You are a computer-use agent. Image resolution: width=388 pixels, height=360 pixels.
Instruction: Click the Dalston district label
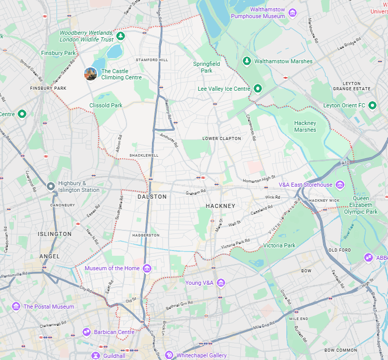point(152,197)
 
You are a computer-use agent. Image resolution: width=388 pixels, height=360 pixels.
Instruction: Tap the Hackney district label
point(220,206)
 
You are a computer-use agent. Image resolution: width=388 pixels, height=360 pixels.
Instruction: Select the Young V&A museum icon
point(221,283)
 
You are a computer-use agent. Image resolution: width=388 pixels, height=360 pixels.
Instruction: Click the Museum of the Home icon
point(147,268)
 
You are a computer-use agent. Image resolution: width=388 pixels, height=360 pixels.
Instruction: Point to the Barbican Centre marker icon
point(87,332)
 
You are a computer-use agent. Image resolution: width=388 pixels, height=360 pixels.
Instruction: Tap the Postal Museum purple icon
point(16,307)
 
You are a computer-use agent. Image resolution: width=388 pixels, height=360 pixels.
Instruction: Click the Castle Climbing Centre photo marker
point(91,74)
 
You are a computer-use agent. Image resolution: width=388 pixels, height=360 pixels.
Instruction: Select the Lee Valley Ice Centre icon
point(257,89)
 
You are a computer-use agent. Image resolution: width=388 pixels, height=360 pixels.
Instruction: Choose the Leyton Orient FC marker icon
point(372,105)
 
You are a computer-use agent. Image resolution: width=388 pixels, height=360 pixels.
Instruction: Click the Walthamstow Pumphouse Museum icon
point(293,12)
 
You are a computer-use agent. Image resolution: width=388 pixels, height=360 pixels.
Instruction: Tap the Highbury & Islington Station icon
point(50,186)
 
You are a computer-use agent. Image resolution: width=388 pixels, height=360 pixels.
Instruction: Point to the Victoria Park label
point(279,245)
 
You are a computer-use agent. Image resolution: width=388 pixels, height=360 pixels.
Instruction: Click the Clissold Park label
point(105,105)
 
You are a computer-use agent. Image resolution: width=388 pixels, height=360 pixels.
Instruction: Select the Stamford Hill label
point(152,60)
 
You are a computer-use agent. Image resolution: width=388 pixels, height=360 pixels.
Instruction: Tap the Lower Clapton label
point(221,139)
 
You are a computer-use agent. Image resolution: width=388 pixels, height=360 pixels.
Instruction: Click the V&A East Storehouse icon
point(339,185)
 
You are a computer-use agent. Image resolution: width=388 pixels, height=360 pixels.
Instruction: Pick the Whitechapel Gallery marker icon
point(169,355)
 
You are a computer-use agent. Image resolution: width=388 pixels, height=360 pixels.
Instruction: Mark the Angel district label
point(50,256)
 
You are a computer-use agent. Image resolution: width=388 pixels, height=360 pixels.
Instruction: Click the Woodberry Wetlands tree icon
point(120,36)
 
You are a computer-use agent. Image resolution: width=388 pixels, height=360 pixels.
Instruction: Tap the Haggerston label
point(146,235)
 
